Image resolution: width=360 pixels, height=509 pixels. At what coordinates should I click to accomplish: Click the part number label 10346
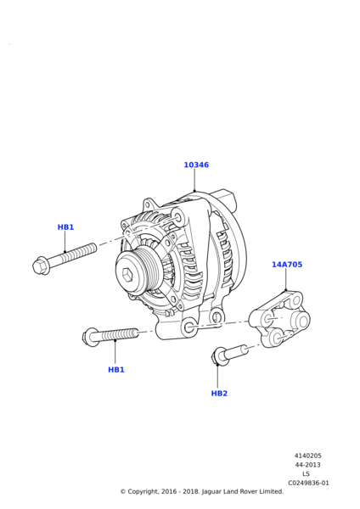point(196,165)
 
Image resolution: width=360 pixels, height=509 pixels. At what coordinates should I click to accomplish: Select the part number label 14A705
point(287,265)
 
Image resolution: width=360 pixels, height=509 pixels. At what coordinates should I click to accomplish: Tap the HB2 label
point(219,394)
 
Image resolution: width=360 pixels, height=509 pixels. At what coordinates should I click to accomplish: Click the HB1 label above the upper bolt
point(65,227)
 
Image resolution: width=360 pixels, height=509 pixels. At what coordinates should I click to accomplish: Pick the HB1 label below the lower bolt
point(116,370)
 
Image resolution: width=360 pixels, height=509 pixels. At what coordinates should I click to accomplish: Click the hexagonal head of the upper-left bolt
point(40,266)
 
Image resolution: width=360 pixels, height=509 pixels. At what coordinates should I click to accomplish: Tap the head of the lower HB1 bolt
point(89,336)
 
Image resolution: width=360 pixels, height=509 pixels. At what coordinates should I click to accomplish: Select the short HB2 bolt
point(229,354)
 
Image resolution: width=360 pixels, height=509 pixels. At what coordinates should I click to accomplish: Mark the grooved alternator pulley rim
point(137,271)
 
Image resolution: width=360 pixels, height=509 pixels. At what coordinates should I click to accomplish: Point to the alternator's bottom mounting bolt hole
point(189,327)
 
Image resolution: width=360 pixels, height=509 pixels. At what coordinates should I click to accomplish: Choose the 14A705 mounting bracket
point(279,319)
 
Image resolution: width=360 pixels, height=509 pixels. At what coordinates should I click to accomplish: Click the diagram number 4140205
point(307,456)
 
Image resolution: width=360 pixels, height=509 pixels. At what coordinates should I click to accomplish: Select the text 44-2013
point(307,465)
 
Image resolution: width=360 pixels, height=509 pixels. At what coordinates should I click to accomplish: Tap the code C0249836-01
point(308,483)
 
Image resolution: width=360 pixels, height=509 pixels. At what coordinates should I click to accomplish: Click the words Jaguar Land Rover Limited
point(243,492)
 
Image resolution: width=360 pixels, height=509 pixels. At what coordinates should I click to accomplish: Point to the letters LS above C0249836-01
point(306,474)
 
